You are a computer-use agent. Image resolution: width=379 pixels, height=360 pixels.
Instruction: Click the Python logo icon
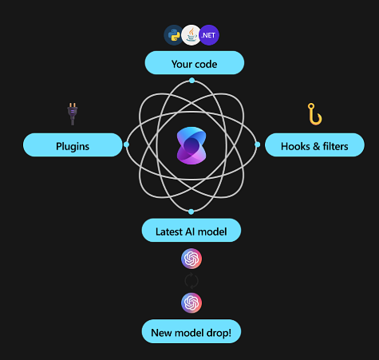pos(174,35)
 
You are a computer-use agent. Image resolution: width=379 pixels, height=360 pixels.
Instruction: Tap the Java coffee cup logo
pos(191,35)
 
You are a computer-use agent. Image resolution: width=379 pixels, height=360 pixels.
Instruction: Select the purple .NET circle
pos(209,35)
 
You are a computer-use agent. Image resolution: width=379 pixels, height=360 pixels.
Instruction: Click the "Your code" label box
pos(195,63)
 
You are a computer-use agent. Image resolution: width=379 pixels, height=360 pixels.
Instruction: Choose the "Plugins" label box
pos(73,144)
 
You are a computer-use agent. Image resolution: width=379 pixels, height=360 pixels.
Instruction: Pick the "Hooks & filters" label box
pos(314,144)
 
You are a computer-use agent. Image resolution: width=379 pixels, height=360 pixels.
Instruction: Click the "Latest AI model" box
pos(191,230)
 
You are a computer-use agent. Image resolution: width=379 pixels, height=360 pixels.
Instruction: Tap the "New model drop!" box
pos(191,331)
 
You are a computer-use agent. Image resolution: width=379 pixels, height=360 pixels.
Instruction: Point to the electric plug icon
pos(73,114)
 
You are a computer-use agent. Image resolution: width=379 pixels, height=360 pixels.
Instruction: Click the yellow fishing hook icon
pos(315,114)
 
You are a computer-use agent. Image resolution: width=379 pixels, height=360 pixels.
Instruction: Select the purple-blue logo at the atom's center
pos(191,145)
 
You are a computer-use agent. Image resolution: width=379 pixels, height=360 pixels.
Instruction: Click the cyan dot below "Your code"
pos(191,81)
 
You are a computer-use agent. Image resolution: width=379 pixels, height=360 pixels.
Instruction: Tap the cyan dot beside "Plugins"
pos(126,144)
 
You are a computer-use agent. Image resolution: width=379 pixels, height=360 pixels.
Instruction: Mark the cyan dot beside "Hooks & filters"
pos(258,144)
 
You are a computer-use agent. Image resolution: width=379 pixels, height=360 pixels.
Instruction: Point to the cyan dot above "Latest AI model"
pos(191,212)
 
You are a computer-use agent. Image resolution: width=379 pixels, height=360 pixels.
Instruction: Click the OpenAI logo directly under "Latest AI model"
pos(191,259)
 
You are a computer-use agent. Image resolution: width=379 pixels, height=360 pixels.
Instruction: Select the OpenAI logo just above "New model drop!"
pos(191,303)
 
